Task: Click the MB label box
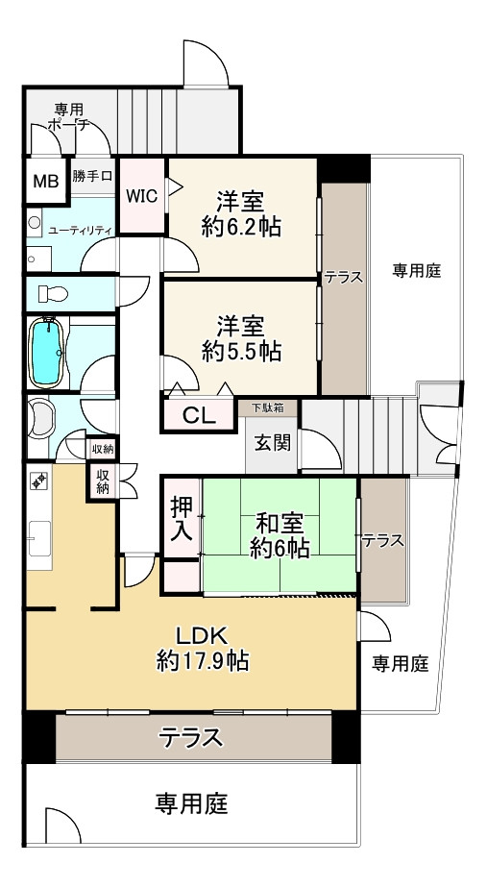(x=45, y=180)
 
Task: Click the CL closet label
(x=199, y=416)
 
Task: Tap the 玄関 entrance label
(x=268, y=443)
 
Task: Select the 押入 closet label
(x=181, y=518)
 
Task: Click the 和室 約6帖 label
(x=280, y=535)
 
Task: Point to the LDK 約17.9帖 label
(x=203, y=648)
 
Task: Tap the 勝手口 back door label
(x=93, y=177)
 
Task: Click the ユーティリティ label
(x=81, y=230)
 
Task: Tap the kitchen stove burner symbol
(x=39, y=480)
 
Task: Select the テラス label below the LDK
(x=191, y=738)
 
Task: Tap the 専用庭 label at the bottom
(x=191, y=802)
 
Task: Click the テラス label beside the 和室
(x=382, y=541)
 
